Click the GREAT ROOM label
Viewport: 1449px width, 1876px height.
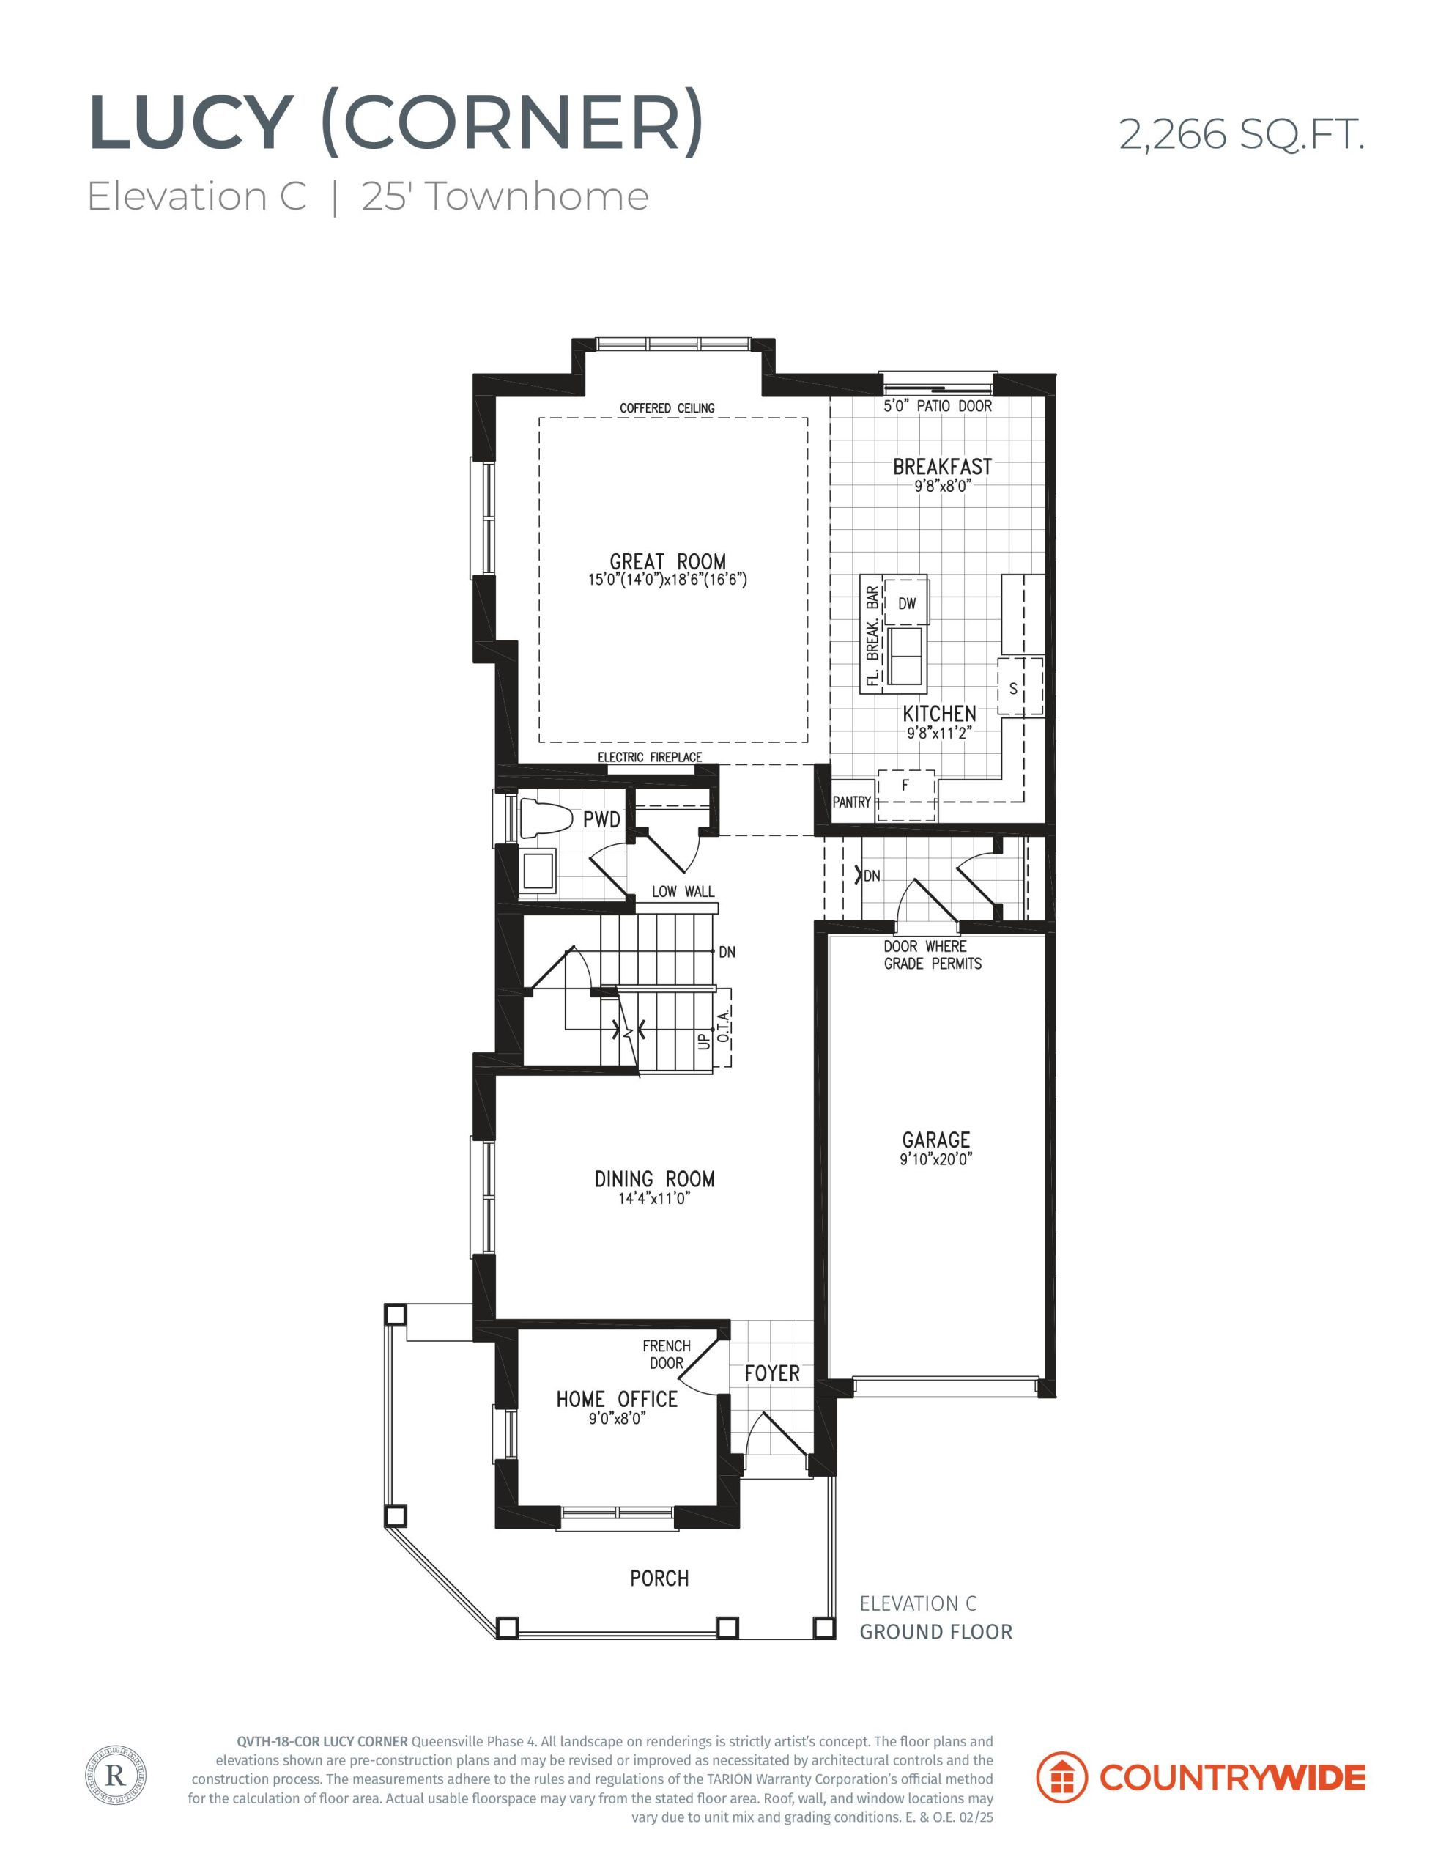(x=667, y=563)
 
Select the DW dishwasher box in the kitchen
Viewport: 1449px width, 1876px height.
(x=907, y=603)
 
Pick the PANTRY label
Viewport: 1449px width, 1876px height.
(x=852, y=802)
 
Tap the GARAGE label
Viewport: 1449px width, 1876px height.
(x=936, y=1140)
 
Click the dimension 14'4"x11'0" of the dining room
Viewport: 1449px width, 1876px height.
(x=654, y=1198)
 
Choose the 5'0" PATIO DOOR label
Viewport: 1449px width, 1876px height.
(x=938, y=405)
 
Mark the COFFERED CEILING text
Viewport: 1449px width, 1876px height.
(x=667, y=408)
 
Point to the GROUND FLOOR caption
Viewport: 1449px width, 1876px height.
(x=936, y=1631)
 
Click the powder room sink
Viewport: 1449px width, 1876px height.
(x=538, y=870)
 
